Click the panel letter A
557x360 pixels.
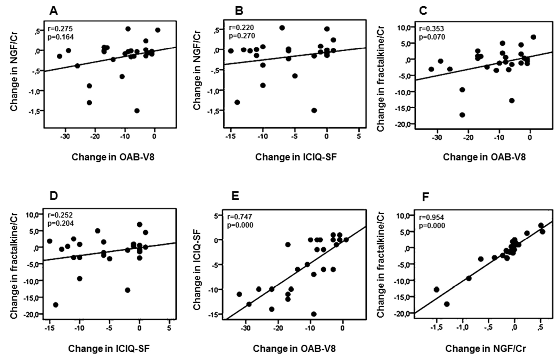pos(54,11)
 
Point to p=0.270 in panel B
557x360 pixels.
pos(242,36)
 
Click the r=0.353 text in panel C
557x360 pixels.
pos(431,29)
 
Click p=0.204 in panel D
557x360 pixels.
pos(60,223)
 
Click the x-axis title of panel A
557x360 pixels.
pos(113,157)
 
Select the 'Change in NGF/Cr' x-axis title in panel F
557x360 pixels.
pos(485,349)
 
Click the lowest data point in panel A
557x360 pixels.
pos(137,111)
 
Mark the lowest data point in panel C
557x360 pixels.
pos(462,115)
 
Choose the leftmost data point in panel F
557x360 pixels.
pos(436,289)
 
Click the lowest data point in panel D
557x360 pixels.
pos(56,305)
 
